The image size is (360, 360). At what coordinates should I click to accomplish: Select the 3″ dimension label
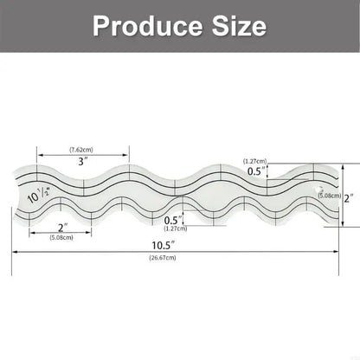pos(81,161)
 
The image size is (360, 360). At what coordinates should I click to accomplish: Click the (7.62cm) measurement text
pos(82,149)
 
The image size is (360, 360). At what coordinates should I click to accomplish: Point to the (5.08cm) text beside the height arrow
pos(328,196)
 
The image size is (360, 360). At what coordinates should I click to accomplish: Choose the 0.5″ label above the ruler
pos(255,171)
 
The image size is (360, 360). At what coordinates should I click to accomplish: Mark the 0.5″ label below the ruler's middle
pos(176,221)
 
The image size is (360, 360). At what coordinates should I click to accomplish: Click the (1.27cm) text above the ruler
pos(255,161)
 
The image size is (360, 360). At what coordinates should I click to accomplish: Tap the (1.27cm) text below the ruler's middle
pos(177,229)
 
